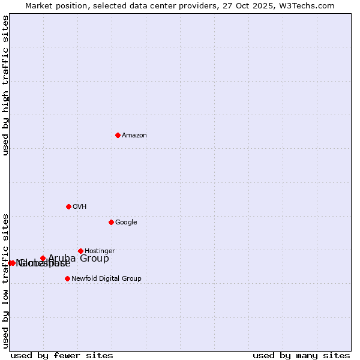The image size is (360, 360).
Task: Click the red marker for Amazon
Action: pyautogui.click(x=118, y=135)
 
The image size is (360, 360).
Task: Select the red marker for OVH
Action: pyautogui.click(x=68, y=206)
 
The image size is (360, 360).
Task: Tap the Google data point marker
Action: pyautogui.click(x=111, y=222)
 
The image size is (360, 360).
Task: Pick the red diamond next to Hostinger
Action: pyautogui.click(x=80, y=251)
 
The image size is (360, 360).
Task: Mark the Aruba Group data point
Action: pyautogui.click(x=43, y=259)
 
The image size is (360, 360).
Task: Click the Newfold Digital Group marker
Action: pyautogui.click(x=67, y=278)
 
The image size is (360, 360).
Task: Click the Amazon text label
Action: pyautogui.click(x=134, y=136)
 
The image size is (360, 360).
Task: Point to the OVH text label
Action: pyautogui.click(x=80, y=207)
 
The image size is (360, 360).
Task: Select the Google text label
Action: pyautogui.click(x=126, y=223)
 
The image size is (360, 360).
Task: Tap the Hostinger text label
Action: pyautogui.click(x=100, y=251)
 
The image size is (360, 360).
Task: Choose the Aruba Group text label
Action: pyautogui.click(x=79, y=259)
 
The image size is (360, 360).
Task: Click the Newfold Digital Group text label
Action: pyautogui.click(x=106, y=279)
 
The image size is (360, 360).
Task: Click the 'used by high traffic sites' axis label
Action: pyautogui.click(x=5, y=86)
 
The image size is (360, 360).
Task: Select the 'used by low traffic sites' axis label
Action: pyautogui.click(x=5, y=280)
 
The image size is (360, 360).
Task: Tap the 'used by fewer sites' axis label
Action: pyautogui.click(x=62, y=355)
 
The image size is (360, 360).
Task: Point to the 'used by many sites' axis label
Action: pyautogui.click(x=301, y=355)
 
